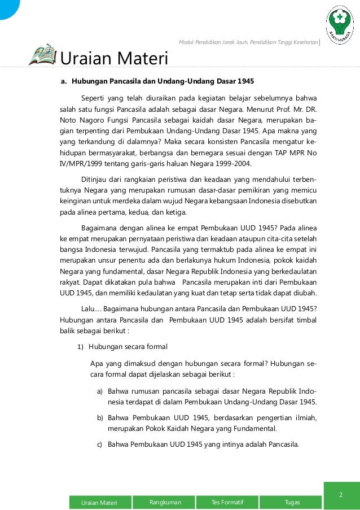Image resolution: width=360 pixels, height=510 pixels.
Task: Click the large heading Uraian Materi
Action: [x=114, y=58]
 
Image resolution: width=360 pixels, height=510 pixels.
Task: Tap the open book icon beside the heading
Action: [x=42, y=55]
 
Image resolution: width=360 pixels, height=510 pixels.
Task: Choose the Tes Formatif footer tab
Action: [x=227, y=502]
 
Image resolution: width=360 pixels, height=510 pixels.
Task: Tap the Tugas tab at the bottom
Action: [x=292, y=502]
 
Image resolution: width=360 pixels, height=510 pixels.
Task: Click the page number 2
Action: [x=341, y=495]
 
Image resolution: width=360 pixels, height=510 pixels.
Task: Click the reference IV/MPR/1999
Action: [x=85, y=164]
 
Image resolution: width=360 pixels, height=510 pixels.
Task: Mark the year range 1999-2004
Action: [x=233, y=164]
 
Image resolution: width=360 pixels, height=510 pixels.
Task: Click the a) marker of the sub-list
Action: [x=99, y=391]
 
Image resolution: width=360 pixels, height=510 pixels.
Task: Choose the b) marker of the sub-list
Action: [x=99, y=418]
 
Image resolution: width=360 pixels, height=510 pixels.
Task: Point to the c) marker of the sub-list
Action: [x=99, y=444]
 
